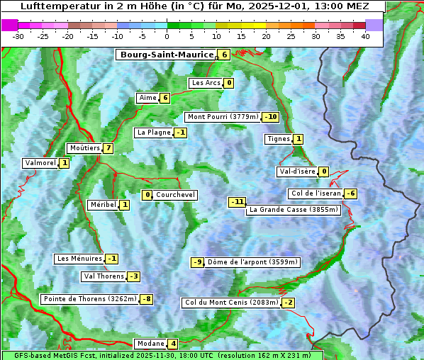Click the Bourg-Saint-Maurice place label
coord(167,55)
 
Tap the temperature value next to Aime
coord(165,98)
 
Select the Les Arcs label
coord(206,83)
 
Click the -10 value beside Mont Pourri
coord(270,117)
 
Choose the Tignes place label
coord(279,139)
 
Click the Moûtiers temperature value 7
coord(108,148)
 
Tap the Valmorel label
coord(40,163)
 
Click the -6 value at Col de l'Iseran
coord(350,193)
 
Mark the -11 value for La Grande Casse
coord(237,202)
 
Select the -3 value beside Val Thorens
coord(133,276)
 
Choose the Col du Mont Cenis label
coord(231,303)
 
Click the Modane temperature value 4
coord(173,344)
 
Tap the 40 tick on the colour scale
coord(365,36)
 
